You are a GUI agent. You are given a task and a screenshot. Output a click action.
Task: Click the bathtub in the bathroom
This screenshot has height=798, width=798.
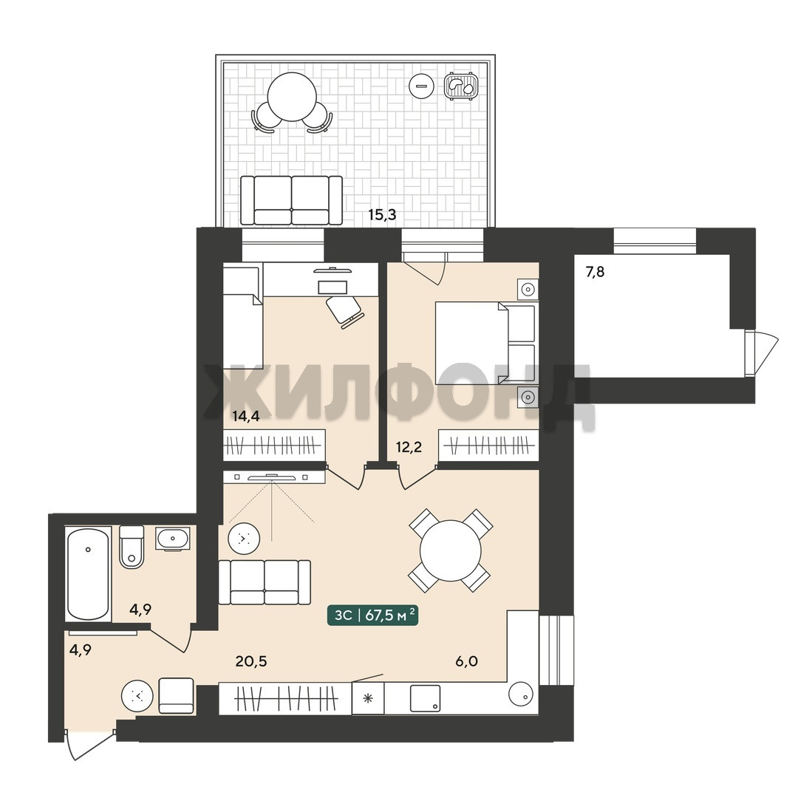(88, 573)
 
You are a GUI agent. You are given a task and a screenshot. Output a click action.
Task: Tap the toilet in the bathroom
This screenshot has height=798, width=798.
(132, 547)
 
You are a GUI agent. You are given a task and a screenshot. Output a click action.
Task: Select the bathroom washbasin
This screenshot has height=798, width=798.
(172, 539)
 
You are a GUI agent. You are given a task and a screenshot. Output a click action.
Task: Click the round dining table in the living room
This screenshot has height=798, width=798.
(451, 550)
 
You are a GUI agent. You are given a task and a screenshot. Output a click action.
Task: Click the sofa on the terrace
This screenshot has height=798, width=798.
(291, 200)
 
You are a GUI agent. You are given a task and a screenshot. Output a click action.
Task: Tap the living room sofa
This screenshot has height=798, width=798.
(264, 582)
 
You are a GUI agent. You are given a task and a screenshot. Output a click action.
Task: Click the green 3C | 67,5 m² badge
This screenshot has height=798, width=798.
(372, 615)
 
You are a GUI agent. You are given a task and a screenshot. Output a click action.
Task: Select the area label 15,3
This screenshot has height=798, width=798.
(382, 215)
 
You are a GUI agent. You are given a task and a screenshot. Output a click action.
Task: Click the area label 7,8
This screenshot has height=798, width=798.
(595, 272)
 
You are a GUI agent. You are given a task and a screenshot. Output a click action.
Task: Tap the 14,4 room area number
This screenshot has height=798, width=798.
(246, 416)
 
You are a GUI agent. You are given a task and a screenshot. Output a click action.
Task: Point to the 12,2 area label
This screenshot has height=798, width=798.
(409, 447)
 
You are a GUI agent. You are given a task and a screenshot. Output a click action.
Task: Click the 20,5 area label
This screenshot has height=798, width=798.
(251, 661)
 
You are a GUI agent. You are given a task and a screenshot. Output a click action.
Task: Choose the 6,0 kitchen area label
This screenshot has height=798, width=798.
(466, 661)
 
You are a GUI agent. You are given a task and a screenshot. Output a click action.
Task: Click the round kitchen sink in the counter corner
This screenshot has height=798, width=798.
(522, 694)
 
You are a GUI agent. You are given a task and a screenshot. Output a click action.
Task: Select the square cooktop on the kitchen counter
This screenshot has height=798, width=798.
(425, 698)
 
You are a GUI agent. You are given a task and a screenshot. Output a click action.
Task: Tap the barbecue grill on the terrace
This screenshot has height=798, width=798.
(461, 86)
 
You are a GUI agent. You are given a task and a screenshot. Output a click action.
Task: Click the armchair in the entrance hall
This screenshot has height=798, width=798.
(176, 696)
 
